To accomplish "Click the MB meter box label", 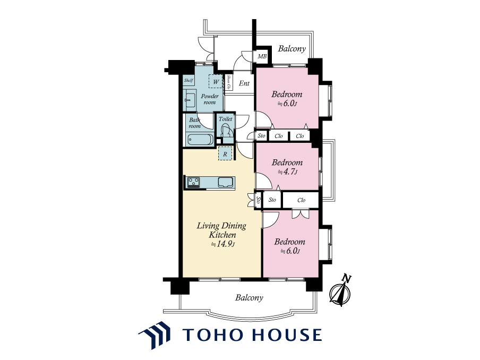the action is pyautogui.click(x=262, y=56).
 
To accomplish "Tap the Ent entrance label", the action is pyautogui.click(x=244, y=83).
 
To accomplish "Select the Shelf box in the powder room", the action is pyautogui.click(x=188, y=81).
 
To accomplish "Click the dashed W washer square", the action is pyautogui.click(x=216, y=81).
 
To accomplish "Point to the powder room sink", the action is pyautogui.click(x=190, y=99).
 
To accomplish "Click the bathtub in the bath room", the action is pyautogui.click(x=200, y=140).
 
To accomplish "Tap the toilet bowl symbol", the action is pyautogui.click(x=226, y=131).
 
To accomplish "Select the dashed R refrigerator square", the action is pyautogui.click(x=225, y=154).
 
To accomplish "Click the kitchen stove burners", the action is pyautogui.click(x=193, y=182).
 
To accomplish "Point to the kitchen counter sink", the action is pyautogui.click(x=226, y=182).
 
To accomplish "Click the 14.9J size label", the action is pyautogui.click(x=223, y=244).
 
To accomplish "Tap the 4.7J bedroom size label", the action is pyautogui.click(x=287, y=172).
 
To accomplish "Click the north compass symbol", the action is pyautogui.click(x=340, y=292).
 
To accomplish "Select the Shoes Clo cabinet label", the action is pyautogui.click(x=228, y=82).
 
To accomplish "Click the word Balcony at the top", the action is pyautogui.click(x=292, y=49).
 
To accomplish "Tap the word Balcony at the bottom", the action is pyautogui.click(x=249, y=297).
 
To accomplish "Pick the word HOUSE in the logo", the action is pyautogui.click(x=287, y=335).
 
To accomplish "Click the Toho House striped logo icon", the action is pyautogui.click(x=155, y=335).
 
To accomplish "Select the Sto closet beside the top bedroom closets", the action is pyautogui.click(x=261, y=135).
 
